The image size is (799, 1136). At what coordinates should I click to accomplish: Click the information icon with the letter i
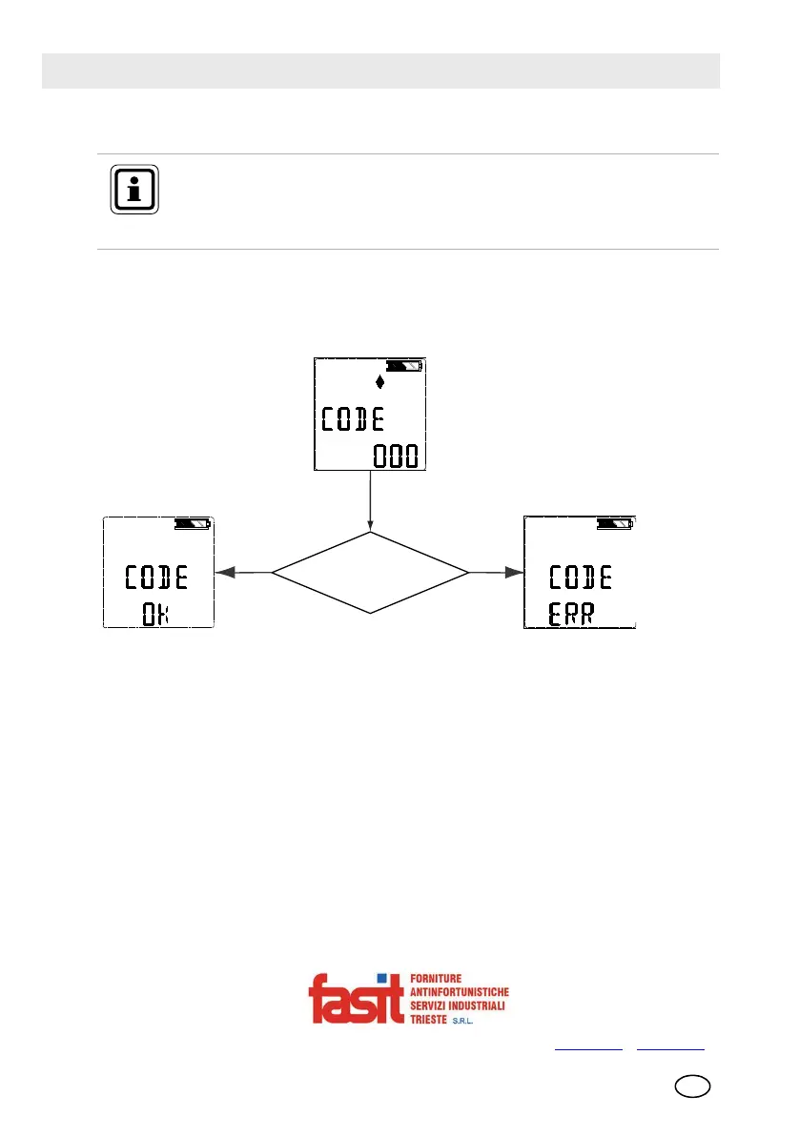click(134, 190)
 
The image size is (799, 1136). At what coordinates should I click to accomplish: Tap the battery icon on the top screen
click(404, 366)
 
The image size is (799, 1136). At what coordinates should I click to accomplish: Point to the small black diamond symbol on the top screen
click(380, 382)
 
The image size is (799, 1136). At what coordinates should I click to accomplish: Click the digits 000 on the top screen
click(395, 456)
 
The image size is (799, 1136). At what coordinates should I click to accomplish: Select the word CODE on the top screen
click(353, 419)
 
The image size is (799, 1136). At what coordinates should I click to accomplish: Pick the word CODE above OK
click(157, 577)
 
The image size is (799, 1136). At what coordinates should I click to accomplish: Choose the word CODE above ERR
click(581, 577)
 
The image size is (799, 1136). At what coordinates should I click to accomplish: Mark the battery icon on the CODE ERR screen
click(614, 523)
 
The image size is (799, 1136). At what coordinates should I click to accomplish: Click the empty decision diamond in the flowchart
click(370, 573)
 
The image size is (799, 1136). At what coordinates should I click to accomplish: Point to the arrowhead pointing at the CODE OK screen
click(226, 573)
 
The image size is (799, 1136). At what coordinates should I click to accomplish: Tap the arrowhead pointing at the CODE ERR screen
click(515, 573)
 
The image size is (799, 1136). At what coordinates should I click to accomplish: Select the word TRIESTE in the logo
click(433, 1019)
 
